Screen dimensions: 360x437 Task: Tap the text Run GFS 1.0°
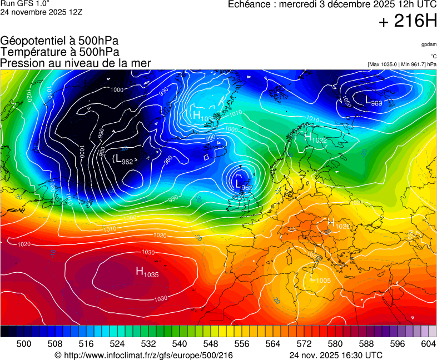pos(25,3)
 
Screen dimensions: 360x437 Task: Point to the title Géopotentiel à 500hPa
pos(59,41)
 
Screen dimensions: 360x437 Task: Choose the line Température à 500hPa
pos(59,52)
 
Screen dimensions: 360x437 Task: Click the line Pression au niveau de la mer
pos(76,63)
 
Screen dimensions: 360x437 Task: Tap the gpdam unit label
pos(428,44)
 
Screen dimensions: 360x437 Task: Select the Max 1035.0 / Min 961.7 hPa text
pos(402,64)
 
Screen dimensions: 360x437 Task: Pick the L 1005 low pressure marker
pos(320,279)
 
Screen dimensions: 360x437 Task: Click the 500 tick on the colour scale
pos(23,344)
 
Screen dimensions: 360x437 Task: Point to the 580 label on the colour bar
pos(335,344)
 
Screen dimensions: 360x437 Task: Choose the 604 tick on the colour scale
pos(428,344)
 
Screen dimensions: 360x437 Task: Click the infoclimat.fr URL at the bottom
pos(143,355)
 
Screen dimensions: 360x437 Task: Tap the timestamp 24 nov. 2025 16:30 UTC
pos(336,355)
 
